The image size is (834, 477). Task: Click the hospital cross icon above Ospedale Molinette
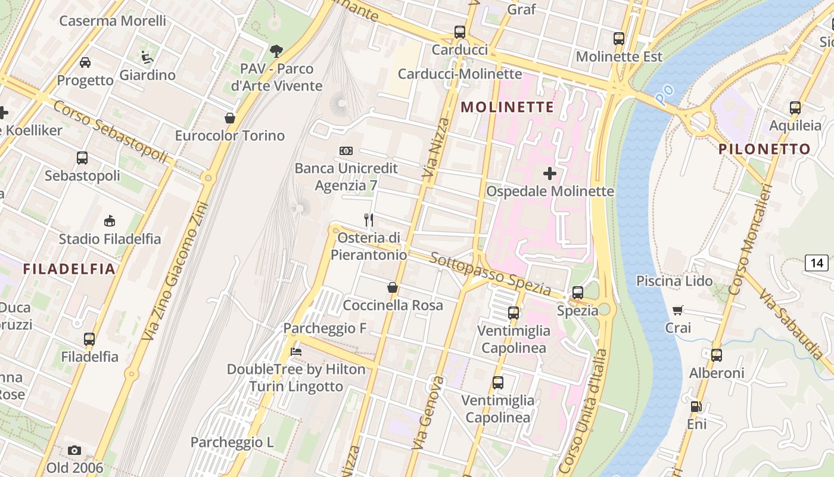click(550, 174)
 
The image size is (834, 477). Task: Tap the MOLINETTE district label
click(508, 107)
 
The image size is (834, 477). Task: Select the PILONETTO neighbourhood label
click(764, 149)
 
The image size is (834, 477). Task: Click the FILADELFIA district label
click(69, 269)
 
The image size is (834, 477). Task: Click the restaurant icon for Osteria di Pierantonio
click(369, 220)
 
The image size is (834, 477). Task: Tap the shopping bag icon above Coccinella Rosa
click(393, 287)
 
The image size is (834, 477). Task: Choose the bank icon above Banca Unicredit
click(346, 151)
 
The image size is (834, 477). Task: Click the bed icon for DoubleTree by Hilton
click(295, 351)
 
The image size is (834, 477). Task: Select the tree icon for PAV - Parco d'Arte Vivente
click(276, 51)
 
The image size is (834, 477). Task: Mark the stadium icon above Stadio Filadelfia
click(109, 221)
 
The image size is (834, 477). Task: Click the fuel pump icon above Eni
click(696, 407)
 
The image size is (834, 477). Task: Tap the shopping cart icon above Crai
click(678, 310)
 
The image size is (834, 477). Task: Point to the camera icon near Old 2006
click(74, 450)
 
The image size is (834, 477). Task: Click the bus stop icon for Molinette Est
click(619, 39)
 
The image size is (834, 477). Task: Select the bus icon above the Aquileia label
click(795, 108)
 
